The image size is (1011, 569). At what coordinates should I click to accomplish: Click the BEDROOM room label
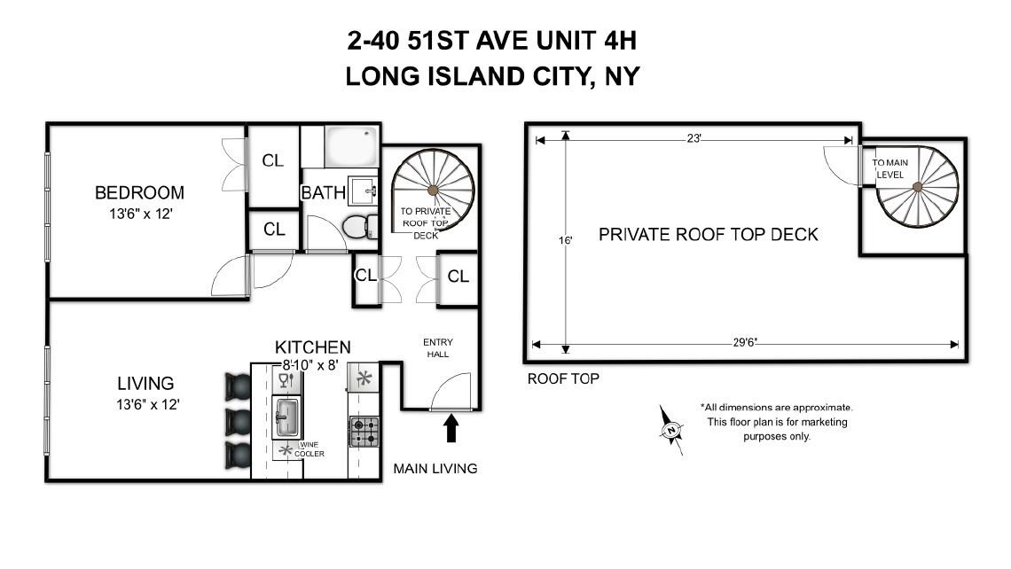click(x=139, y=192)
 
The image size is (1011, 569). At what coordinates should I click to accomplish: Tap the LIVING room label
click(x=145, y=384)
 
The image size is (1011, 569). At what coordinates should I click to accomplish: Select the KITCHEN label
click(x=312, y=347)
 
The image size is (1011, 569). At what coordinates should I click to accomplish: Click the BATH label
click(x=323, y=192)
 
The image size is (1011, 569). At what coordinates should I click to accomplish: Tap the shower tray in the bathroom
click(x=351, y=145)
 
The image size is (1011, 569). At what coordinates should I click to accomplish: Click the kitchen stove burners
click(x=363, y=432)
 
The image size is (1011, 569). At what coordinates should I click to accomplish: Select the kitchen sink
click(x=286, y=417)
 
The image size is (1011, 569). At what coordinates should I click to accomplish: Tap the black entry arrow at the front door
click(x=451, y=429)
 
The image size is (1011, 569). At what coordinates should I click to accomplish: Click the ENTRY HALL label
click(x=437, y=347)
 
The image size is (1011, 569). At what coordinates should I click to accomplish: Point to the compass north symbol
click(x=671, y=430)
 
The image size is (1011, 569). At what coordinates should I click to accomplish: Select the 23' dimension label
click(x=694, y=137)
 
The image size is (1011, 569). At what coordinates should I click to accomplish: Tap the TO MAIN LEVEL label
click(x=890, y=169)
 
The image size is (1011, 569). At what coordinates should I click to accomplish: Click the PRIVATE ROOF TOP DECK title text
click(x=708, y=235)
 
